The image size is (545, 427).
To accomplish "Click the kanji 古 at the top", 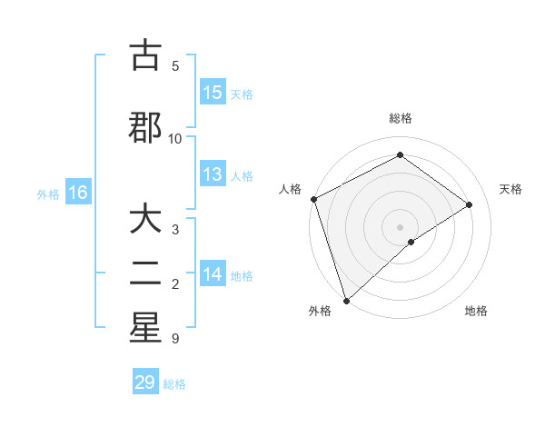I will click(145, 56).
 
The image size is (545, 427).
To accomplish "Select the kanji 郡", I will click(145, 127).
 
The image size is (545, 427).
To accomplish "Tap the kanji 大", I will click(145, 222).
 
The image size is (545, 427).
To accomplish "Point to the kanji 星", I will click(145, 328).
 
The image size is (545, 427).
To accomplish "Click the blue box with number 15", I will click(213, 93).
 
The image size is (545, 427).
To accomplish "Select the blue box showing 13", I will click(213, 174).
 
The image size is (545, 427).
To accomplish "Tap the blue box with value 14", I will click(213, 275).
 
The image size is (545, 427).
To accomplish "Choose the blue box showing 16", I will click(77, 193).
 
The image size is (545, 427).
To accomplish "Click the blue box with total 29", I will click(145, 382).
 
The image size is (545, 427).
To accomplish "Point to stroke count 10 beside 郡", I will click(175, 138).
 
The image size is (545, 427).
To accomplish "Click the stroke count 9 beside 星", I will click(174, 339).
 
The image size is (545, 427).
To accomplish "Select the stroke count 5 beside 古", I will click(175, 65).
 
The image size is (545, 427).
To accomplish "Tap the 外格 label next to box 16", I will click(48, 194).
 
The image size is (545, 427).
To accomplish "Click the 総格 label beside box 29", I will click(175, 384).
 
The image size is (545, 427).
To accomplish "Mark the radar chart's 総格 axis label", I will click(400, 118).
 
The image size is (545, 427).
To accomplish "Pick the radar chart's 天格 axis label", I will click(510, 189).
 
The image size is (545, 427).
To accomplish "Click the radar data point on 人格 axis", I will click(313, 199).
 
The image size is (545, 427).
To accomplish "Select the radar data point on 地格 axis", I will click(411, 242).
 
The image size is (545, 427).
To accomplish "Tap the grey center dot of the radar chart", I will click(400, 226).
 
